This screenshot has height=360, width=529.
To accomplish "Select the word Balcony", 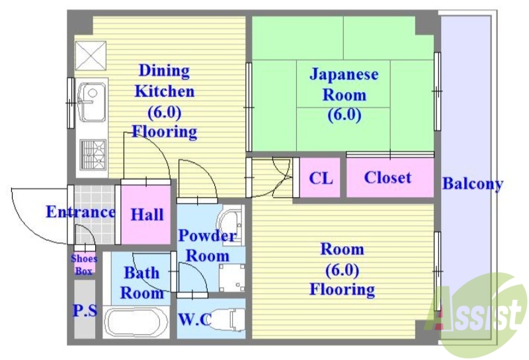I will coord(472,184).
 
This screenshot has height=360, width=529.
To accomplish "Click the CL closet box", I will coord(321,178).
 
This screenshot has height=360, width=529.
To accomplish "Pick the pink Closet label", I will coord(387,177).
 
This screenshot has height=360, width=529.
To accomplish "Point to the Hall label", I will coord(147,214).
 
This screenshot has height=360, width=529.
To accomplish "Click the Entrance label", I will coord(80,212).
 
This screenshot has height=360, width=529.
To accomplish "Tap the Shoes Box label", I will coord(84,264).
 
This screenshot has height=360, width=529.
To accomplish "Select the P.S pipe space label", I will coord(84,310).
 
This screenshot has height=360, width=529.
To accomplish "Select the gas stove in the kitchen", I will coord(92,155).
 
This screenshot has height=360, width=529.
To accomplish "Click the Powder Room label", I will coord(207,245).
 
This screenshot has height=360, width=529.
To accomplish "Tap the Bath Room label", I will coord(142,283).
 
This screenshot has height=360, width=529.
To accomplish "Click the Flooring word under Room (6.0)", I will coord(343,289).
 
